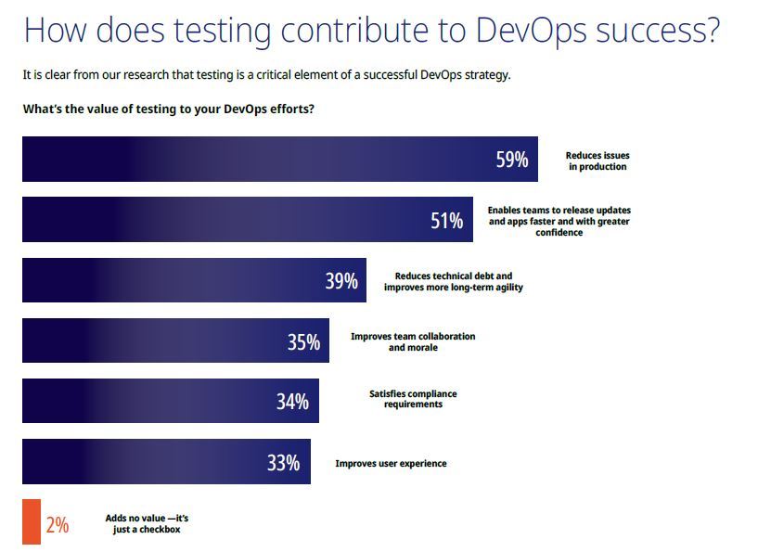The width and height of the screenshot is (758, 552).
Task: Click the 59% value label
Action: [x=512, y=160]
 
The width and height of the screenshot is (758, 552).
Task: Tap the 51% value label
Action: [x=446, y=221]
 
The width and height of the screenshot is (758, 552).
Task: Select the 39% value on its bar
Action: [x=341, y=281]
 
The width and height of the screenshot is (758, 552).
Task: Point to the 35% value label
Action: [x=303, y=342]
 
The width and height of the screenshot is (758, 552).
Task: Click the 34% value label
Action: [x=292, y=403]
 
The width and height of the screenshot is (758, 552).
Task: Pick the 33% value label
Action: [x=283, y=463]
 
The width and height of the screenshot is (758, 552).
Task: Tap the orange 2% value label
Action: [x=58, y=525]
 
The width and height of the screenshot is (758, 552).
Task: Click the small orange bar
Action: [x=32, y=522]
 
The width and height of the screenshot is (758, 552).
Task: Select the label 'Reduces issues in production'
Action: [x=597, y=161]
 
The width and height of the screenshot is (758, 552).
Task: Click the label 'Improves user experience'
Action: [x=391, y=464]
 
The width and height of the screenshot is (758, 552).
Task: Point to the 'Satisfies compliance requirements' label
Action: [x=413, y=399]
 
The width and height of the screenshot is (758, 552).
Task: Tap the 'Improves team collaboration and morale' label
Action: [x=413, y=341]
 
